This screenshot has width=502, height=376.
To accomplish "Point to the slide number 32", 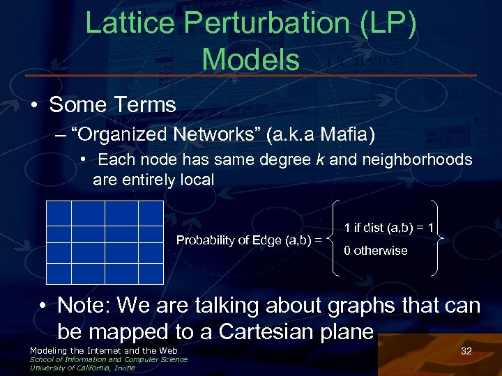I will pyautogui.click(x=466, y=351).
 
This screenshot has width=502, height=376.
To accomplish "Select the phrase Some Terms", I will pyautogui.click(x=112, y=105).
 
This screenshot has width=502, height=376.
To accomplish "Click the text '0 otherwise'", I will pyautogui.click(x=375, y=251).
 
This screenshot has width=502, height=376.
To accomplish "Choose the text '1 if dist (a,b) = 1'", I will pyautogui.click(x=389, y=228).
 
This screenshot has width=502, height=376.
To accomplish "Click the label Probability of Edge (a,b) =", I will pyautogui.click(x=249, y=240).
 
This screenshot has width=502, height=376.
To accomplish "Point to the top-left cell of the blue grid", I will pyautogui.click(x=59, y=212).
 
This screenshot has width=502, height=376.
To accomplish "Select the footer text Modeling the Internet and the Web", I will pyautogui.click(x=103, y=350).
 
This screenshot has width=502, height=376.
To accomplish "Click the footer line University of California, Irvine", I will pyautogui.click(x=82, y=368).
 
